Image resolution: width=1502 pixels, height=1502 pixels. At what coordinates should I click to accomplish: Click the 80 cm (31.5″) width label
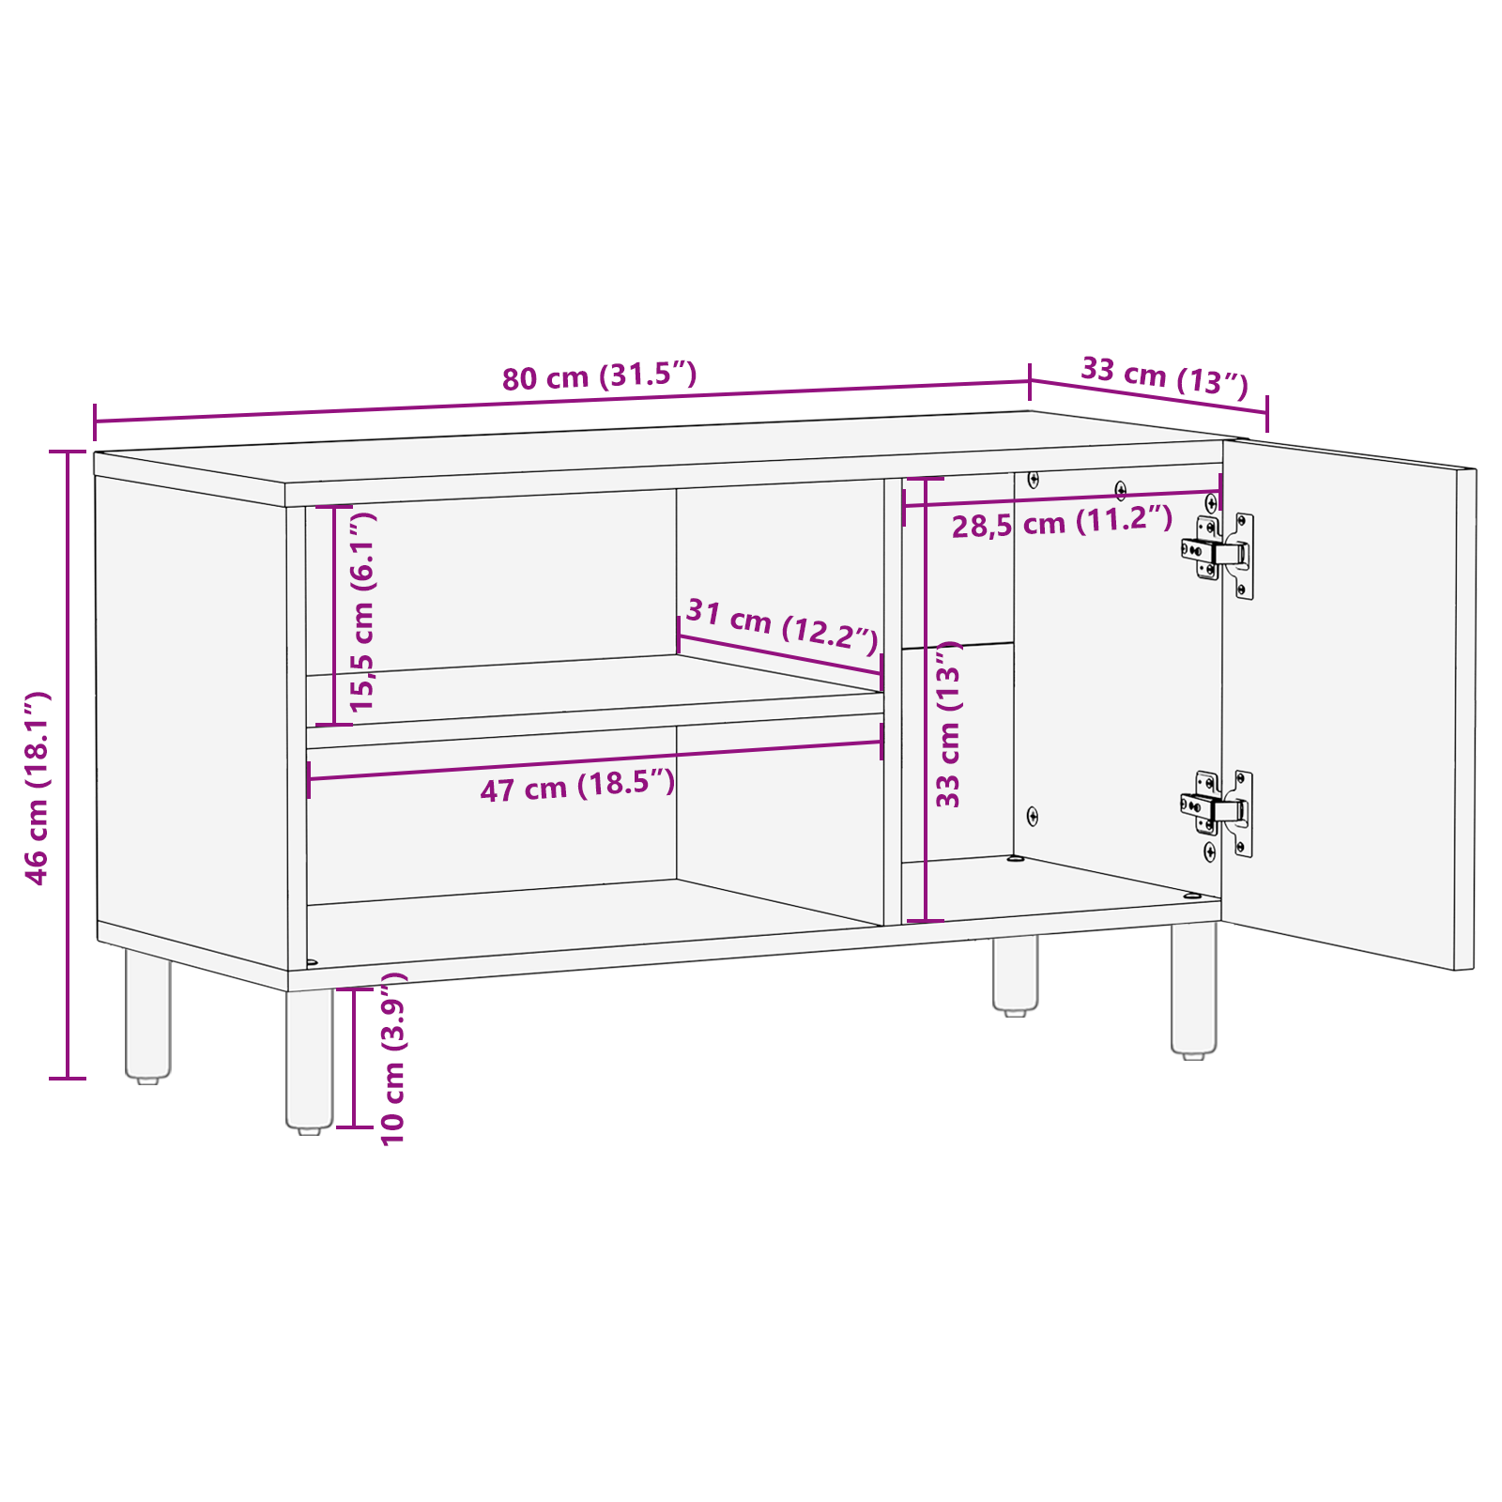[x=599, y=376]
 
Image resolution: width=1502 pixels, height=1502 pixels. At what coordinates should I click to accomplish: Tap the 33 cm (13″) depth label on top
[x=1164, y=376]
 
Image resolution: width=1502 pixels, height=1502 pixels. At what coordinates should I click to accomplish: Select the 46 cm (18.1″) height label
[x=37, y=788]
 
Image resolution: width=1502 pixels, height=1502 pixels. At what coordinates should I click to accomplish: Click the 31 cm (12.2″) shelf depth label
[x=782, y=625]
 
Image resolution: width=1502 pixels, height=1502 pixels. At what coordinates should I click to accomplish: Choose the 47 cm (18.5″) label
[x=577, y=786]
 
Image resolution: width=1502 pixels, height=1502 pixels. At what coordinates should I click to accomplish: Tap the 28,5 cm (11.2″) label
[x=1062, y=522]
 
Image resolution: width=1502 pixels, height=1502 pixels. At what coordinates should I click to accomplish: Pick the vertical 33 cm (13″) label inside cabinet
[x=948, y=724]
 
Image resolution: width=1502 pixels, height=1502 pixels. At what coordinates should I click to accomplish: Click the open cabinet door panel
[x=1342, y=704]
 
